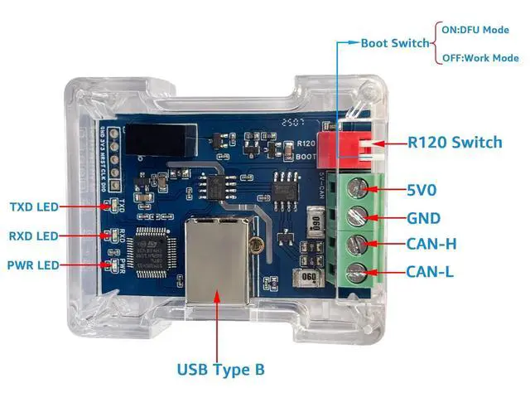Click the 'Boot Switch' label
pyautogui.click(x=395, y=43)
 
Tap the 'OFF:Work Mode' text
pyautogui.click(x=478, y=58)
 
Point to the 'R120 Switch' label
pyautogui.click(x=454, y=143)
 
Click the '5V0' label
pyautogui.click(x=422, y=190)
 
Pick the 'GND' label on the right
pyautogui.click(x=423, y=218)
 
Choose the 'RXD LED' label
pyautogui.click(x=34, y=236)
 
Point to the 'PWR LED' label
pyautogui.click(x=33, y=265)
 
